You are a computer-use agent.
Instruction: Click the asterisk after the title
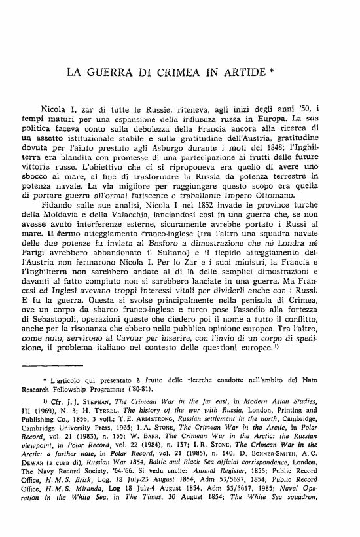272,68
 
